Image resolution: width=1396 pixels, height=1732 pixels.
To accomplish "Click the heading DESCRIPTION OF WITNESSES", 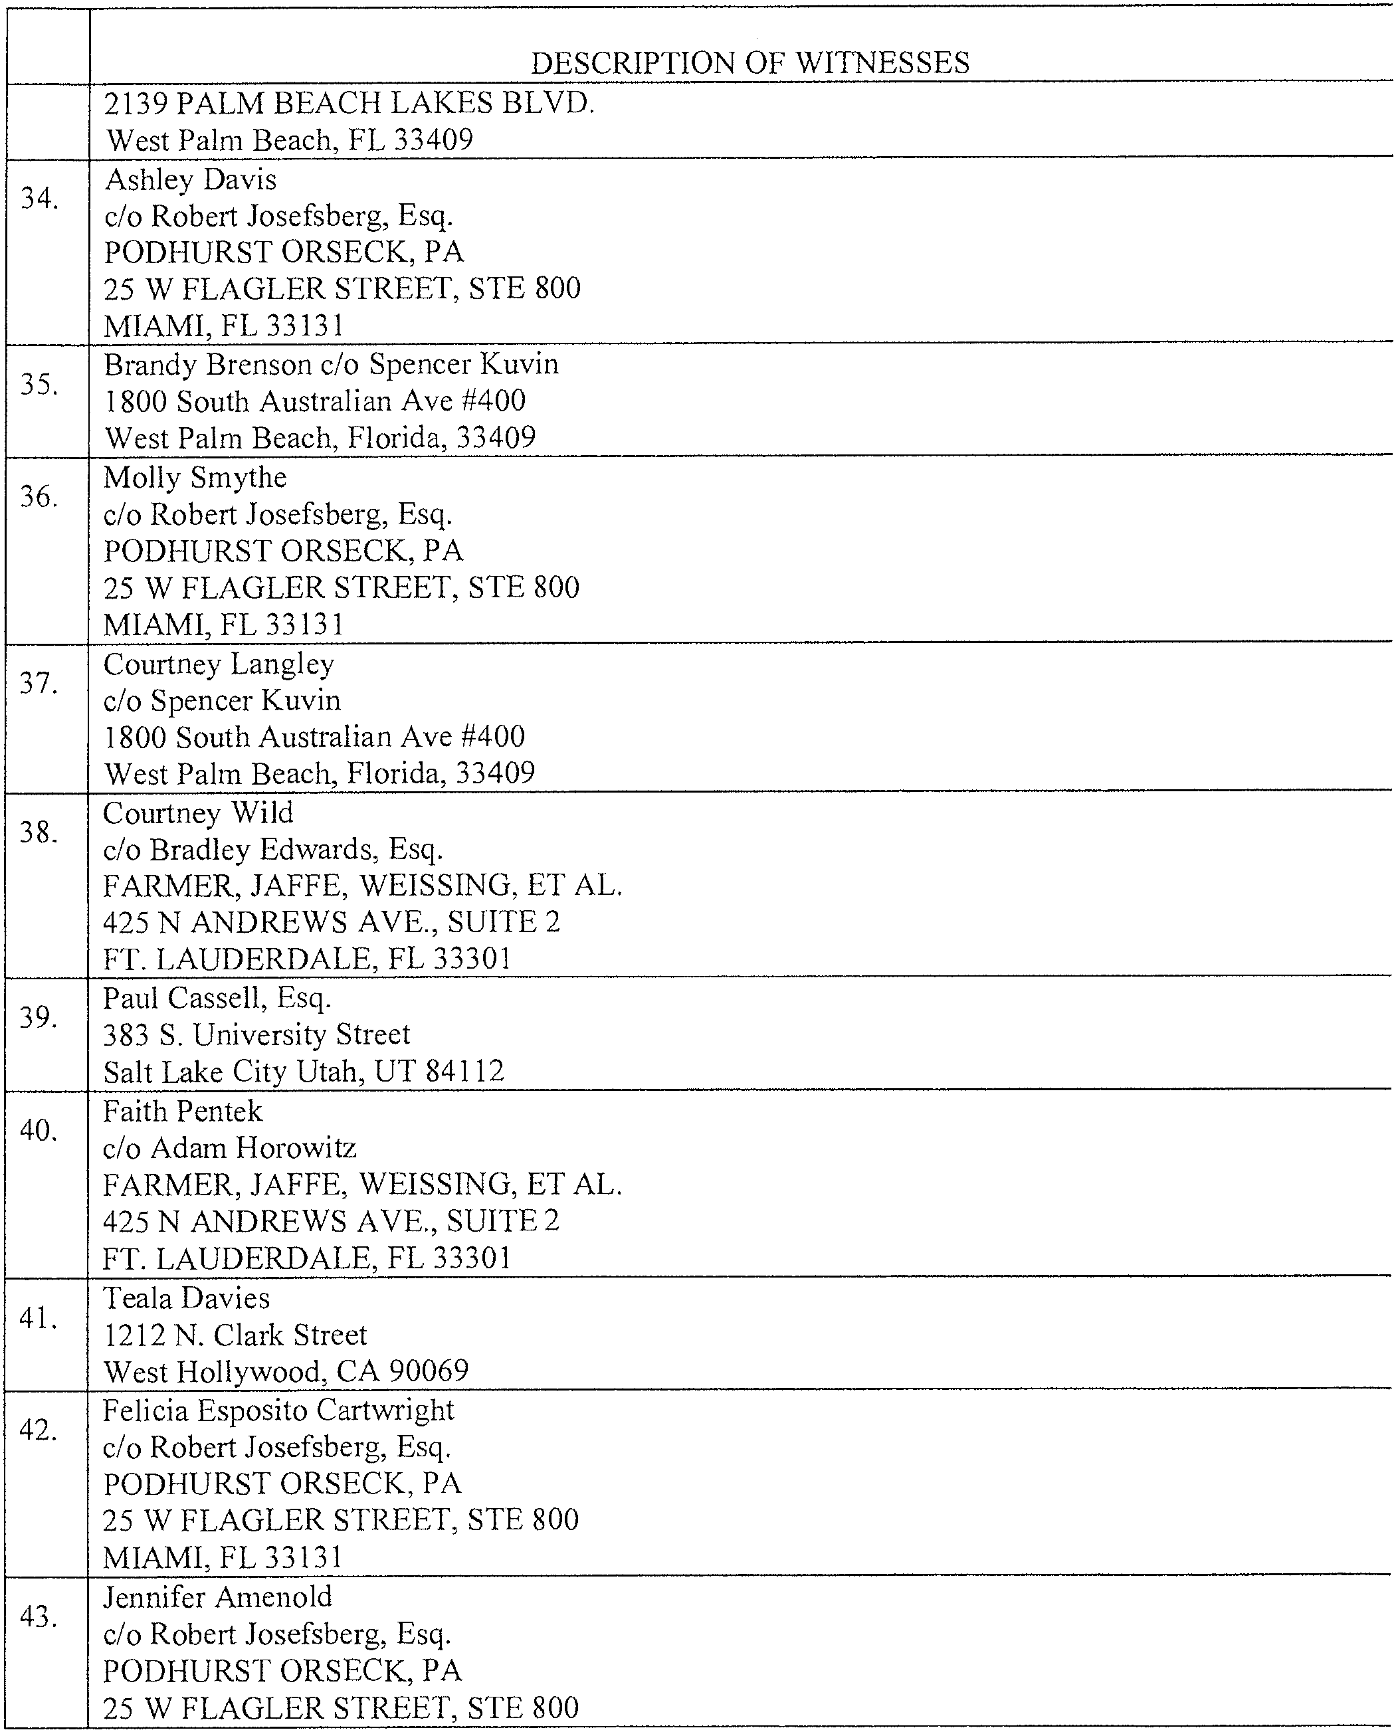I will click(x=749, y=62).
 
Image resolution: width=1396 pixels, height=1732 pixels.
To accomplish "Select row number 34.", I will click(x=39, y=198).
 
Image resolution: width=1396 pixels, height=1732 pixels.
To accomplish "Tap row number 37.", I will click(x=39, y=684).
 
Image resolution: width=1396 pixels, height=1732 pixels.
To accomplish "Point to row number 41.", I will click(x=39, y=1319).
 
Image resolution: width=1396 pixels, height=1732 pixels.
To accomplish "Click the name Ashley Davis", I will click(x=191, y=179).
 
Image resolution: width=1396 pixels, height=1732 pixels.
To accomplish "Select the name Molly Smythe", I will click(x=195, y=478).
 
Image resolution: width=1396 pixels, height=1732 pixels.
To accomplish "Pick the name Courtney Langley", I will click(x=218, y=664).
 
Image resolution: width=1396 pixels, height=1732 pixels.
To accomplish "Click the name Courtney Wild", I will click(x=198, y=813).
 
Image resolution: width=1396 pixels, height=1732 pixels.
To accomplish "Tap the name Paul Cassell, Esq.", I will click(x=217, y=998).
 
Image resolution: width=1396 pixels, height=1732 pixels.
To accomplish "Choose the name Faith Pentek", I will click(x=183, y=1111).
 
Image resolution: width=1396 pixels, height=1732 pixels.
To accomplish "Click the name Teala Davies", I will click(x=187, y=1298).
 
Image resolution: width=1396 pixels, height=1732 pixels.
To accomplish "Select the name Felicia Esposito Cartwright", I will click(x=278, y=1410).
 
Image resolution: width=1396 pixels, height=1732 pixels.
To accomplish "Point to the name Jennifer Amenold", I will click(x=217, y=1596).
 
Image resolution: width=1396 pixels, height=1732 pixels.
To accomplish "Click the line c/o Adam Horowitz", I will click(x=229, y=1147).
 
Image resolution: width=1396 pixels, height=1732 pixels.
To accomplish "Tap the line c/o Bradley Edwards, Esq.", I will click(x=272, y=849).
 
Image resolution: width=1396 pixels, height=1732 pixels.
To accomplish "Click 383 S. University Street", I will click(x=256, y=1034).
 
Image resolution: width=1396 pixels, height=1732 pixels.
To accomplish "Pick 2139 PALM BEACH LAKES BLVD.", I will click(x=349, y=103).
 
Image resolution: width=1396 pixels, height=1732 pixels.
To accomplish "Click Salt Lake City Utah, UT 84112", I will click(x=303, y=1071).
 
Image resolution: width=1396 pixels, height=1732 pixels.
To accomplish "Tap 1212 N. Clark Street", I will click(x=235, y=1335).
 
